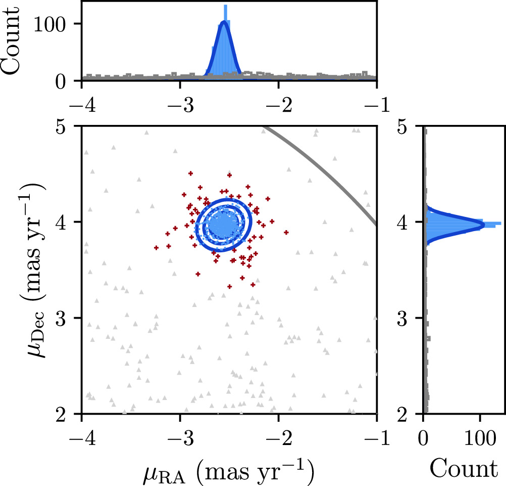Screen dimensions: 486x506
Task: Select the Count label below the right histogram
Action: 464,468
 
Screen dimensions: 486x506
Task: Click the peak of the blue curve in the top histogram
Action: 224,22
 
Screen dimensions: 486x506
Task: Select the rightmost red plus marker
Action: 286,233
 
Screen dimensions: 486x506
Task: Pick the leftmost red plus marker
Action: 157,248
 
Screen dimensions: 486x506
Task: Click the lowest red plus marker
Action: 230,287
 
